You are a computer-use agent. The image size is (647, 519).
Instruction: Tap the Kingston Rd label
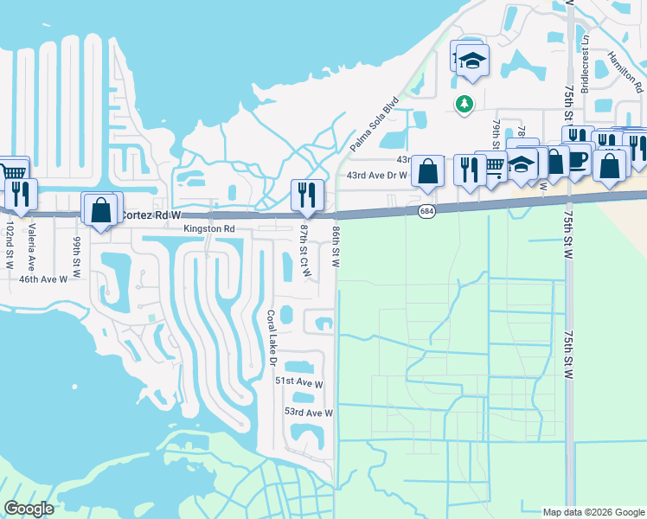tap(209, 228)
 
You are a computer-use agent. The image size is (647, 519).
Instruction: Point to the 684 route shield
tap(426, 210)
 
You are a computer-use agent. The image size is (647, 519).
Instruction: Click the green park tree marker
tap(464, 104)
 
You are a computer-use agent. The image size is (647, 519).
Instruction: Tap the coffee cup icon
tap(578, 161)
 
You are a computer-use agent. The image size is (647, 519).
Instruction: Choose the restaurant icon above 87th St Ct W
tap(307, 195)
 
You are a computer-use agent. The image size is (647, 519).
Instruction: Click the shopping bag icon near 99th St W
tap(101, 208)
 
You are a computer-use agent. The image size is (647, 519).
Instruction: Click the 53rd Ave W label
tap(309, 413)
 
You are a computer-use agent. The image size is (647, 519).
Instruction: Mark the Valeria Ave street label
tap(31, 247)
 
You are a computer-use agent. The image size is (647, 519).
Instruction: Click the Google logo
tap(29, 509)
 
